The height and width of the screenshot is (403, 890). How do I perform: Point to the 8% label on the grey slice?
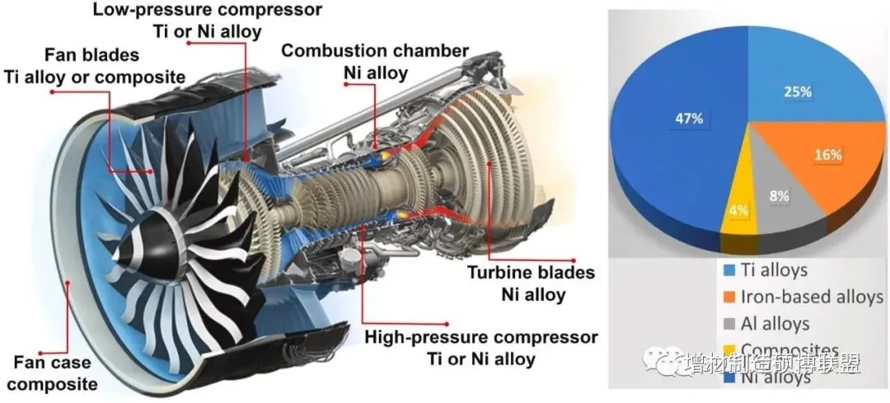click(776, 197)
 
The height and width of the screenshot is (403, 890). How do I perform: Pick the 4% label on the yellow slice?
click(738, 210)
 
